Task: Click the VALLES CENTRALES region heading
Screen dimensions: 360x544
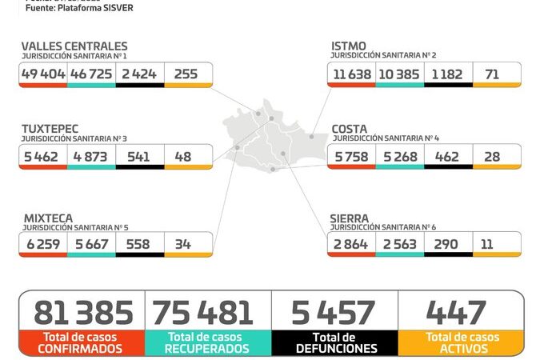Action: (74, 46)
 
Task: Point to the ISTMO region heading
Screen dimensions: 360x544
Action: (349, 46)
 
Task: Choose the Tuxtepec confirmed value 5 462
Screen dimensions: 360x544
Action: (43, 156)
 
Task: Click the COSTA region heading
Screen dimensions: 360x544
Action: (350, 129)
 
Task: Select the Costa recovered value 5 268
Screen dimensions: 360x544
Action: (400, 156)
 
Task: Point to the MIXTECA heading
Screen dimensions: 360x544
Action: (47, 218)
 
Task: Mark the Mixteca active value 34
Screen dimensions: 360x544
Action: (183, 244)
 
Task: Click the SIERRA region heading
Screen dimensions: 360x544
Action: (350, 218)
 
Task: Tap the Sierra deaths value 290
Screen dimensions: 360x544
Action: (448, 244)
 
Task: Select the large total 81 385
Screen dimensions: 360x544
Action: (81, 312)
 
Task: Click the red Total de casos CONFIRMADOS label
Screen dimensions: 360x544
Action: (81, 342)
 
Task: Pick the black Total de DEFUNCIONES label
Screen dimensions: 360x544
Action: (335, 342)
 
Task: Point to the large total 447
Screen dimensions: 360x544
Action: (457, 312)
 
